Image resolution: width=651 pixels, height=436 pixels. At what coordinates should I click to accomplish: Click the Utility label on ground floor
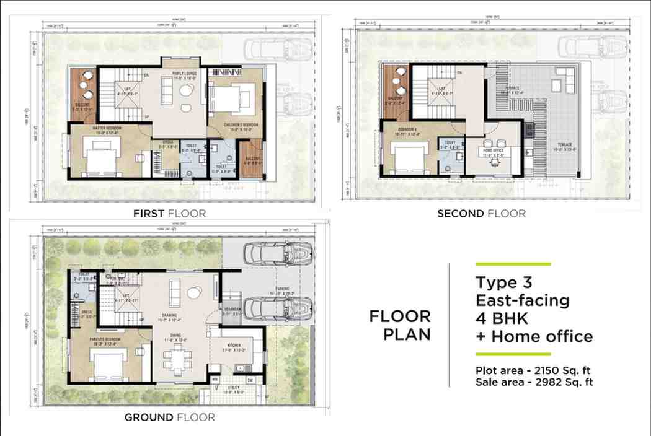[232, 389]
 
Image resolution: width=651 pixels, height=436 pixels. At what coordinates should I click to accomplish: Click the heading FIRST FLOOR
[169, 214]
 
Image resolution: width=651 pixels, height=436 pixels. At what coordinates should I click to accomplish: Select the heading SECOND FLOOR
[481, 214]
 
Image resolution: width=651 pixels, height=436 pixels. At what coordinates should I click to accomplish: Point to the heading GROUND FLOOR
[169, 417]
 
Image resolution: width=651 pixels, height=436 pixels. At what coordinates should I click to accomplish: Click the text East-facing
[522, 301]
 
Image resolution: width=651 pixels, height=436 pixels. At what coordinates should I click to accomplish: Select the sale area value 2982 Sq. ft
[560, 382]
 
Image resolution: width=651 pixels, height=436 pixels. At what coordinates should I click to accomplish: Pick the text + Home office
[534, 337]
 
